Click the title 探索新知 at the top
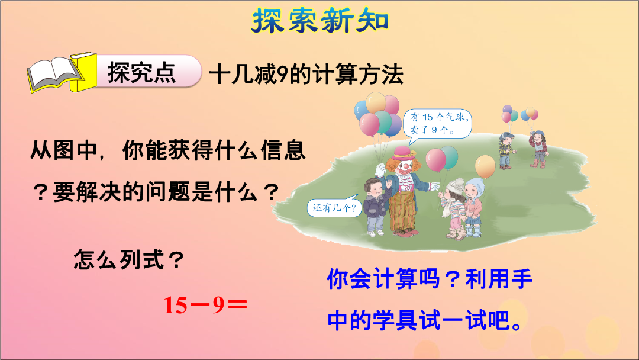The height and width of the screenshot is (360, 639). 320,21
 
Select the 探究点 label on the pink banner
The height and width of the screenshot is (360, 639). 141,73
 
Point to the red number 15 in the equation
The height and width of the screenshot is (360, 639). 176,305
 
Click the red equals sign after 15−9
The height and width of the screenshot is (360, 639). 237,305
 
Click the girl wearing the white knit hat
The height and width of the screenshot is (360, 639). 454,208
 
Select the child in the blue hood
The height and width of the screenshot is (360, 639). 474,207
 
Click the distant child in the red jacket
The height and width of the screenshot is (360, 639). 539,149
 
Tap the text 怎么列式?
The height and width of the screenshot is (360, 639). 129,260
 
